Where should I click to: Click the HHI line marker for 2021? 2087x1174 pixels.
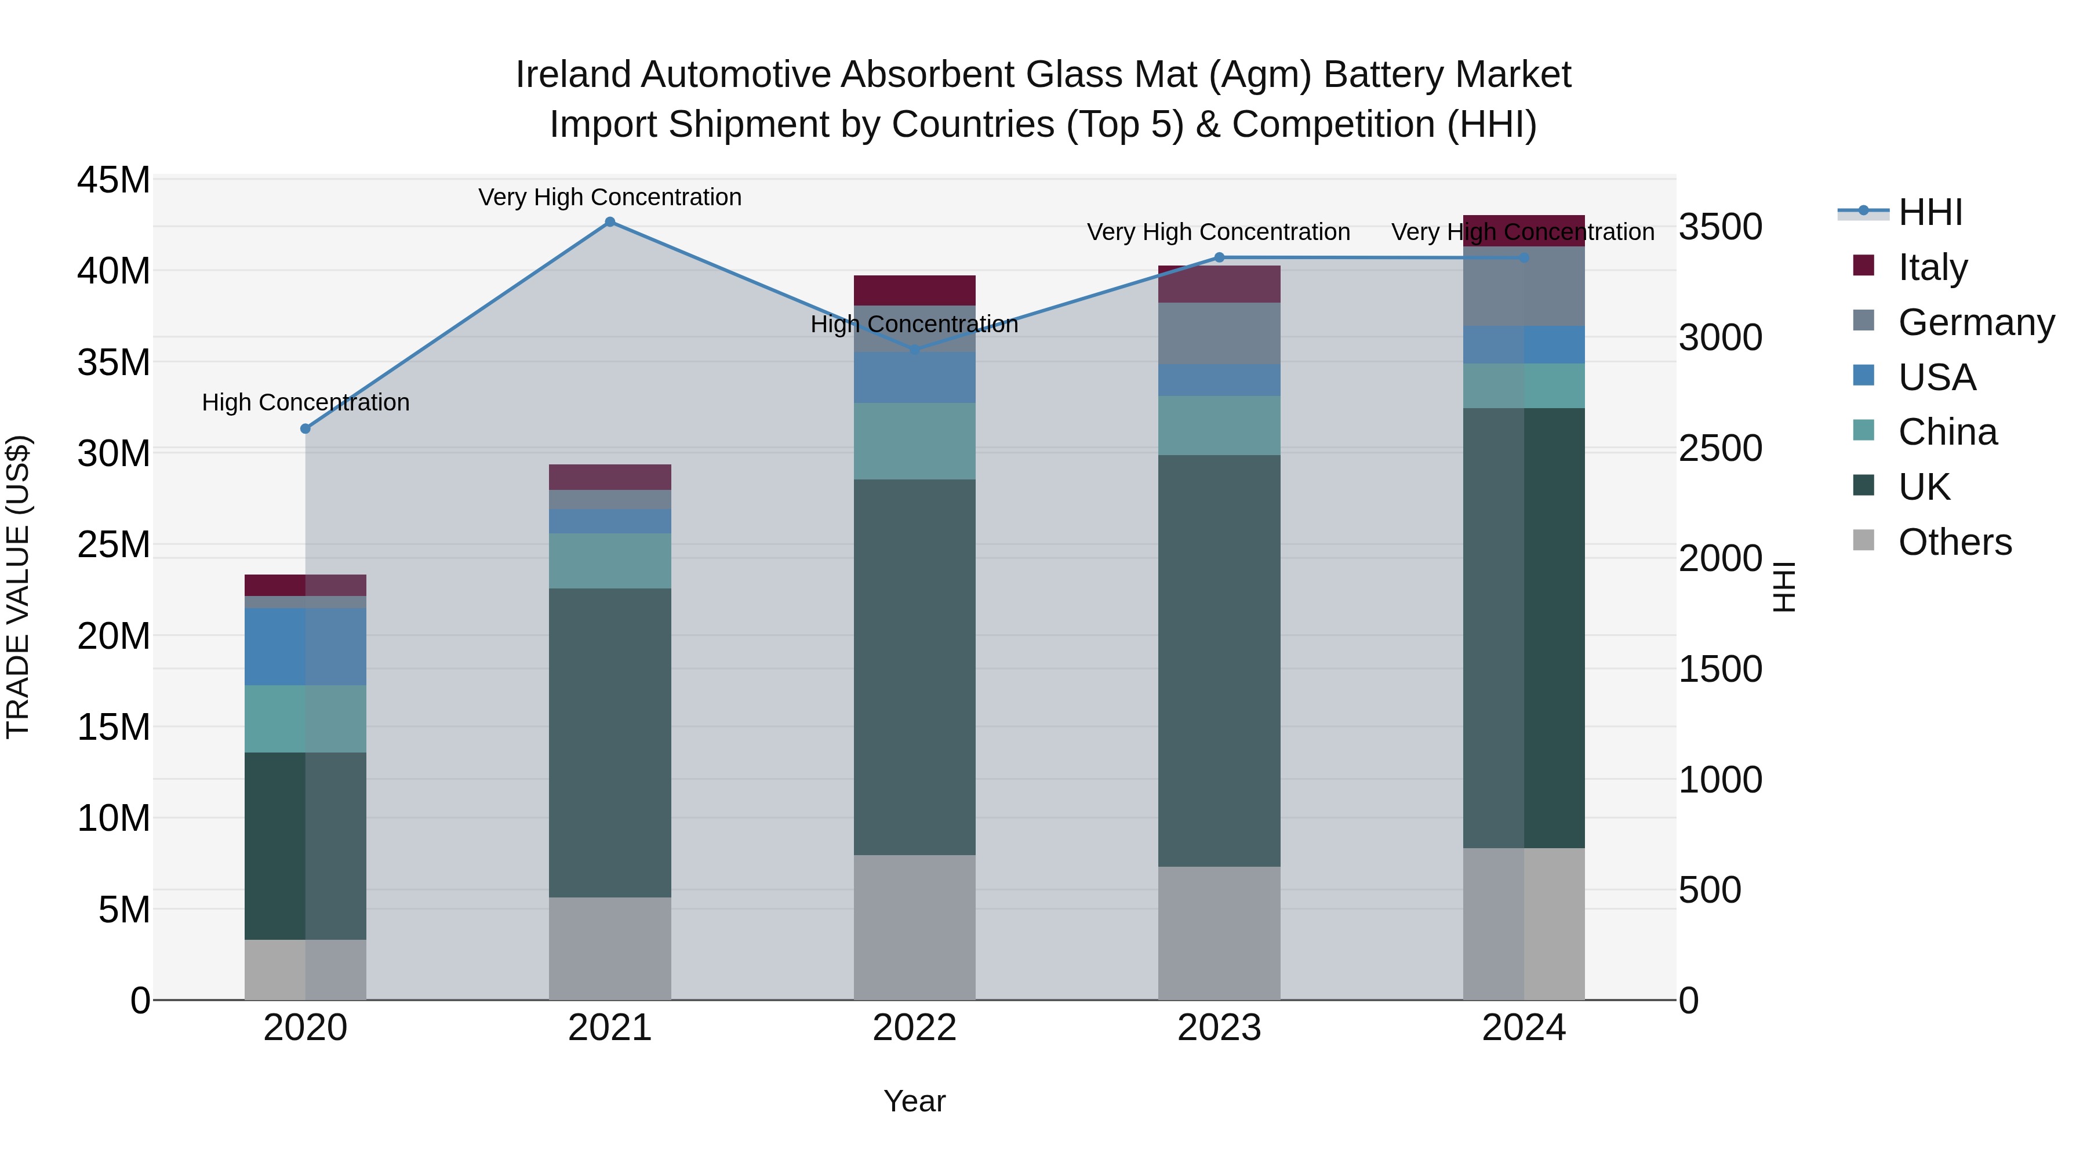pyautogui.click(x=610, y=222)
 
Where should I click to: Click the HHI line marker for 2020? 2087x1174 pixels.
pyautogui.click(x=306, y=428)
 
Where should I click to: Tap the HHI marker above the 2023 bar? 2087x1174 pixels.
pyautogui.click(x=1219, y=257)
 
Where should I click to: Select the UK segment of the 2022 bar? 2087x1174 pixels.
pyautogui.click(x=915, y=667)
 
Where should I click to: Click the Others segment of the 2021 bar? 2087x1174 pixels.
pyautogui.click(x=610, y=948)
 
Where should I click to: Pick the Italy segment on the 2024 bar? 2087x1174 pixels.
pyautogui.click(x=1524, y=230)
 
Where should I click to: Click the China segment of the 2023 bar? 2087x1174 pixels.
pyautogui.click(x=1219, y=426)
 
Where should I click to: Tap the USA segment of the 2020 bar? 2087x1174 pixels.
pyautogui.click(x=306, y=646)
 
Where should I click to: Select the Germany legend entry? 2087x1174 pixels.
pyautogui.click(x=1975, y=322)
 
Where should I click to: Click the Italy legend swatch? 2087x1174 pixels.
pyautogui.click(x=1863, y=266)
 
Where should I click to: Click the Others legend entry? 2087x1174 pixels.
pyautogui.click(x=1954, y=542)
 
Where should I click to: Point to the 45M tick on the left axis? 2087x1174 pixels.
pyautogui.click(x=114, y=180)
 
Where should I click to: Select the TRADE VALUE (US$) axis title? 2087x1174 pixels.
pyautogui.click(x=18, y=587)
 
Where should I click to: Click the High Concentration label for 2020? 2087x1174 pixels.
pyautogui.click(x=306, y=403)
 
